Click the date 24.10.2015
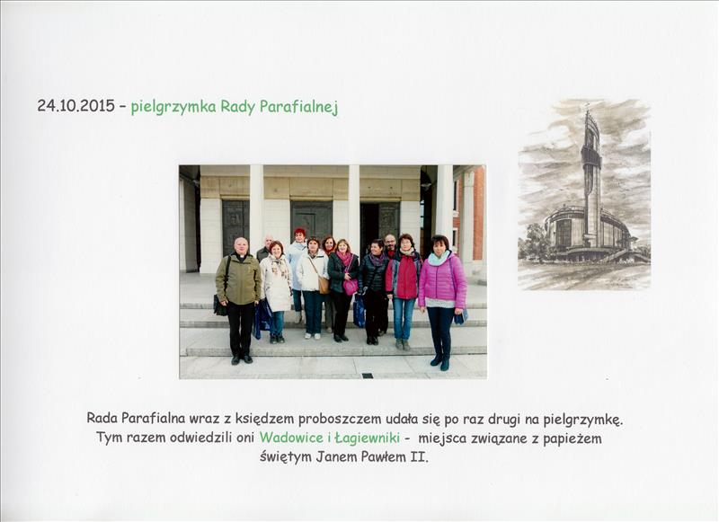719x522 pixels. [76, 106]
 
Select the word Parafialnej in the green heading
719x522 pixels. [298, 107]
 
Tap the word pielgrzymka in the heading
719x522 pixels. [173, 107]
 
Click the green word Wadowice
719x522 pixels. [291, 438]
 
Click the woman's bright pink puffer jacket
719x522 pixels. [442, 280]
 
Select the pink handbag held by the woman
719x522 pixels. [351, 287]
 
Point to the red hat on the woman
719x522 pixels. [300, 231]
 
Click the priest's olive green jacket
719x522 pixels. [238, 279]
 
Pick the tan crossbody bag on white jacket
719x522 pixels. [324, 284]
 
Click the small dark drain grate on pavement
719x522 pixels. [368, 376]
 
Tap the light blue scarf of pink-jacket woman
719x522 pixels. [438, 259]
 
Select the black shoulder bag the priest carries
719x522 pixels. [220, 306]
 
